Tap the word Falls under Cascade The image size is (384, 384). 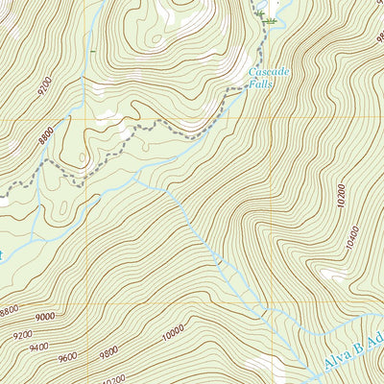[261, 84]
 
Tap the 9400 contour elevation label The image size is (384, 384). [38, 347]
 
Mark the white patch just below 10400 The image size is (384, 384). [335, 275]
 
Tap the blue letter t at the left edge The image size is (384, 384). [2, 254]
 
